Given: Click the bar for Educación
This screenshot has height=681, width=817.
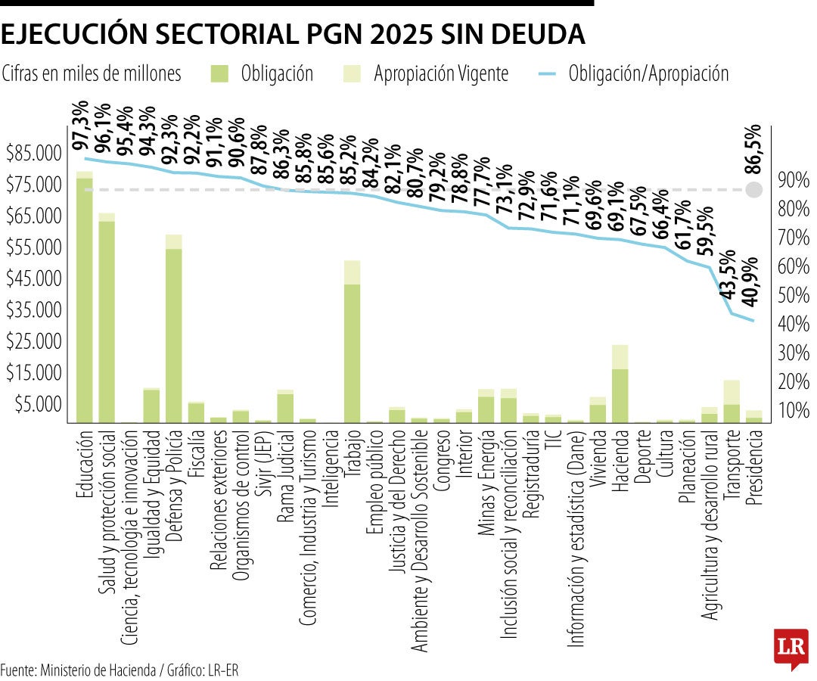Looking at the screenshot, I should click(x=84, y=299).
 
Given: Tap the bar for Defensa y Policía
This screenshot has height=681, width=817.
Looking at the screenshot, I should click(x=173, y=333).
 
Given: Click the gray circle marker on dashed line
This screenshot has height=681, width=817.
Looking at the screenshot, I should click(x=754, y=190).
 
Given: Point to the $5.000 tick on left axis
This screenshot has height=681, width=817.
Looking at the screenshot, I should click(x=36, y=404).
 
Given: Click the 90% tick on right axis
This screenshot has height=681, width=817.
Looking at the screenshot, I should click(x=792, y=180).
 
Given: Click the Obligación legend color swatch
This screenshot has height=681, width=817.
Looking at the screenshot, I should click(x=219, y=73).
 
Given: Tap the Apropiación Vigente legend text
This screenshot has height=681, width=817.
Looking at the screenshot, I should click(x=441, y=73).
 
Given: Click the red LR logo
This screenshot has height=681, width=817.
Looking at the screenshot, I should click(x=791, y=648).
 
